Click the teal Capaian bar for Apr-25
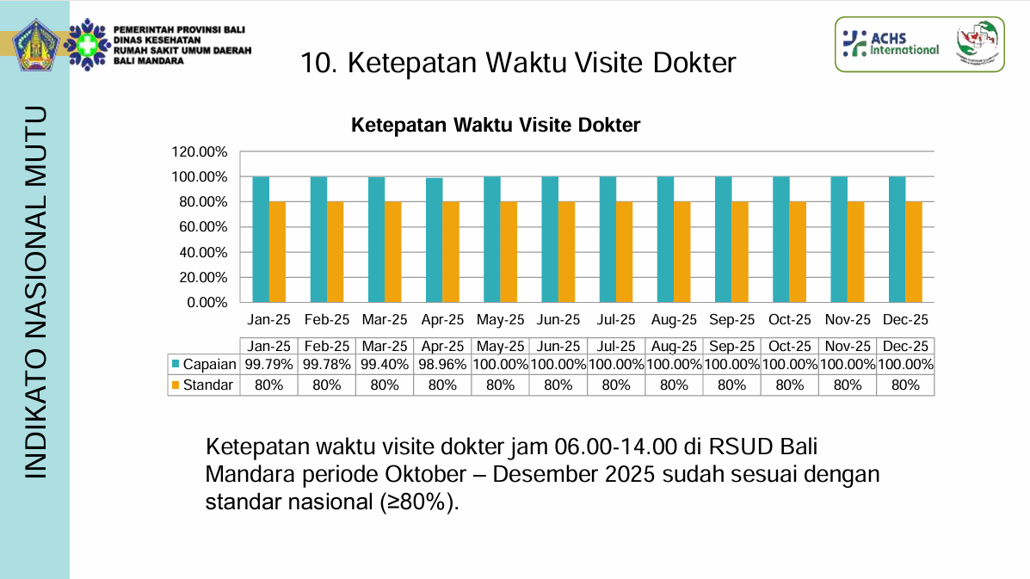(x=434, y=240)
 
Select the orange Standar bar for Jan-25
(x=277, y=252)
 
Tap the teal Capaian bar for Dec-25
(x=897, y=239)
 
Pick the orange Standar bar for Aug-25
(x=682, y=252)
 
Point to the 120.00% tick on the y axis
(x=200, y=152)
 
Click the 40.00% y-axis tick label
(x=200, y=253)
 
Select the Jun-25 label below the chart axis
(x=558, y=320)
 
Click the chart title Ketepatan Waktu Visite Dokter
(x=496, y=126)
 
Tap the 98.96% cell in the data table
(x=442, y=365)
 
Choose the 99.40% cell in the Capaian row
(x=385, y=365)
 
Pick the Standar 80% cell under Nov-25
(x=848, y=385)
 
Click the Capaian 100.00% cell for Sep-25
(x=731, y=365)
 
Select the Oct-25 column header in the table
(x=790, y=346)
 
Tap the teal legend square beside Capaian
(x=176, y=365)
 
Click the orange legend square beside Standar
(x=176, y=385)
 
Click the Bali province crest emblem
(x=34, y=45)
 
